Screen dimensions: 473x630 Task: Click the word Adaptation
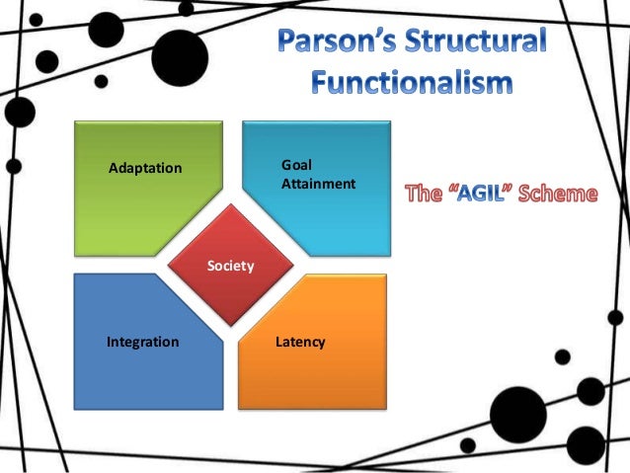(144, 168)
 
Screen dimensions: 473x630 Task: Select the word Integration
(142, 343)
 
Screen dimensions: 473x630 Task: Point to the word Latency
(301, 343)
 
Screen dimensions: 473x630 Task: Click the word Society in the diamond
(231, 267)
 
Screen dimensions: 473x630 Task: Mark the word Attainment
(318, 185)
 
